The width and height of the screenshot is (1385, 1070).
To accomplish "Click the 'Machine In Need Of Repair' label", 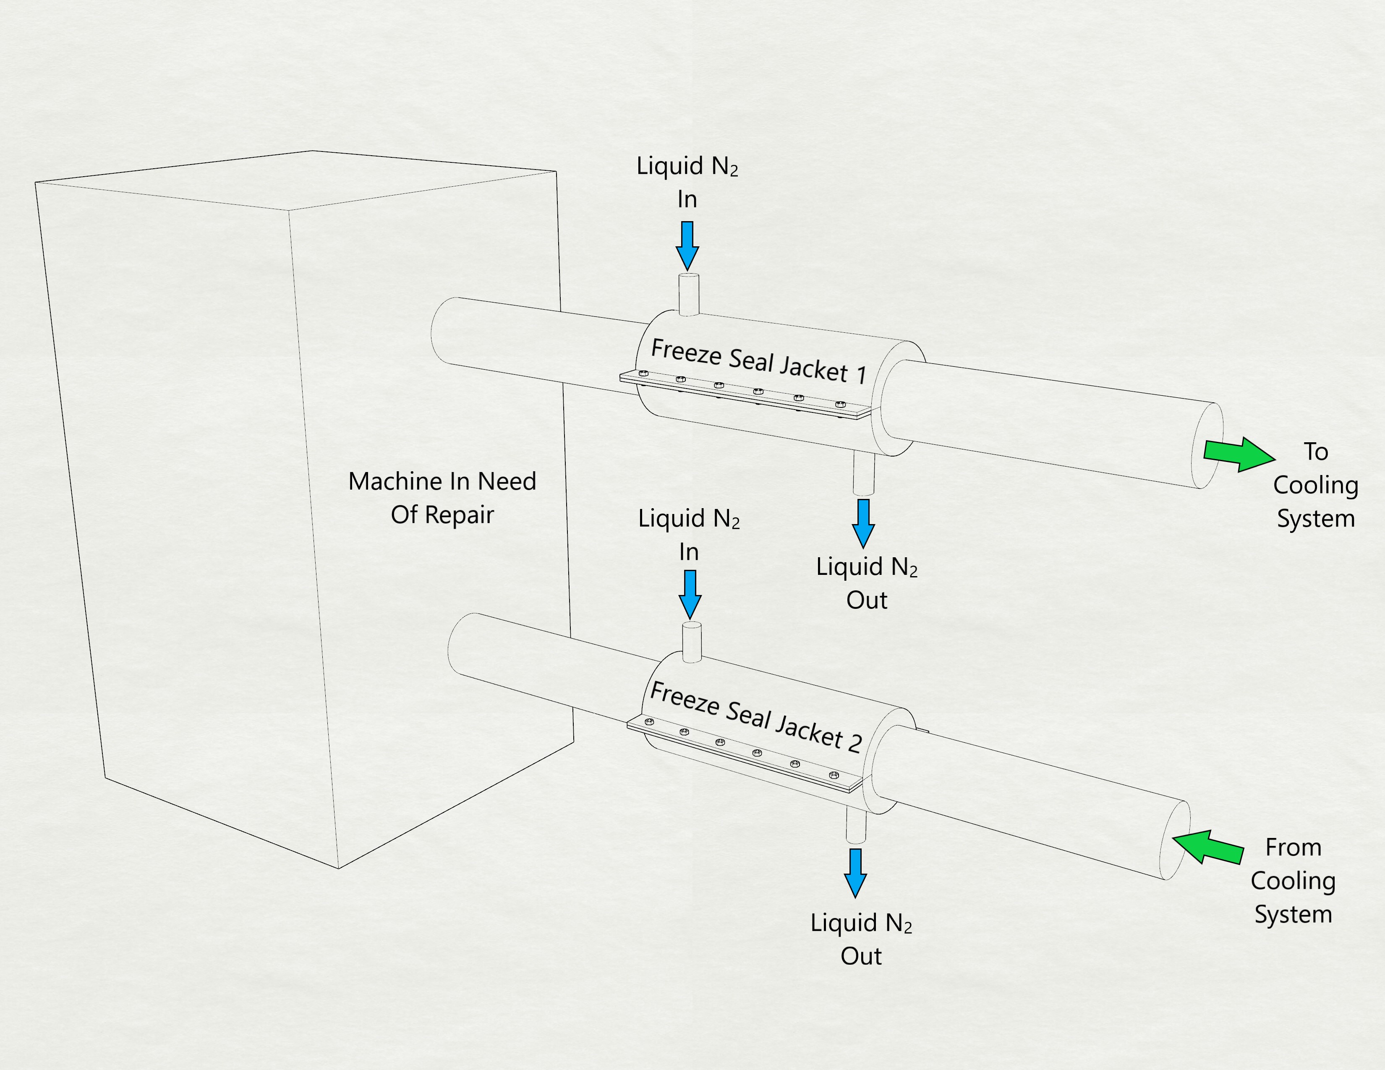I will coord(442,498).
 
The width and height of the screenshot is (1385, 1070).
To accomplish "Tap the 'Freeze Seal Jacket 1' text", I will coord(758,361).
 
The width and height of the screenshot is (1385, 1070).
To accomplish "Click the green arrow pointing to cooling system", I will coord(1238,454).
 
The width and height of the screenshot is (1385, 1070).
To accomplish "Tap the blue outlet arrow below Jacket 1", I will coord(863,523).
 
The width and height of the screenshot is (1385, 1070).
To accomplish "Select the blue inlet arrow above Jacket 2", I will coord(689,593).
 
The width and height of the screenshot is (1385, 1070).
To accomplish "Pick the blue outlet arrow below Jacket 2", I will coord(855,872).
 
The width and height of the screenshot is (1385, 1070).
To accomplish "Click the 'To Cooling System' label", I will coord(1315,485).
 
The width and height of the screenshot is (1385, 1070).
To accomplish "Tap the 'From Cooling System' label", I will coord(1293,880).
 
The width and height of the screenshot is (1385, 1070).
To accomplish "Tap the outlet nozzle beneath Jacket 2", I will coord(855,826).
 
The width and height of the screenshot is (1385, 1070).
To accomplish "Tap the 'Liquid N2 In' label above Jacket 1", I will coord(687,182).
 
